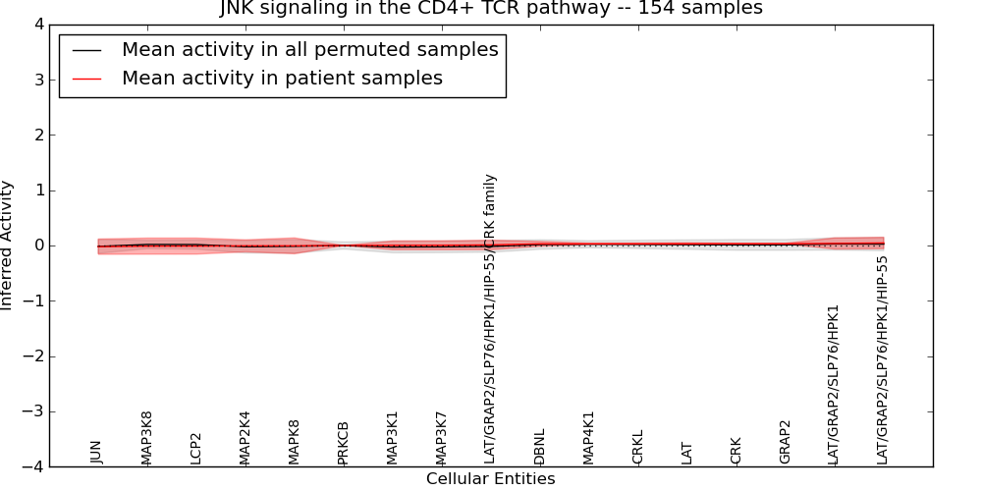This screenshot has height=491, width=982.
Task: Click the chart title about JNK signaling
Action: click(490, 9)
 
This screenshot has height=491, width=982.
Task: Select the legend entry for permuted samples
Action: click(309, 49)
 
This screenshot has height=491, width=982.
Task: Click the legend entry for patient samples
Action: click(282, 78)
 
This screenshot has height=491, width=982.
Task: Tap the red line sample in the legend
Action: click(86, 78)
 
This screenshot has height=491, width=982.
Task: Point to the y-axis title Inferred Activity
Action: click(8, 245)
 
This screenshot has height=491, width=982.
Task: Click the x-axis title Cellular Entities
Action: click(490, 479)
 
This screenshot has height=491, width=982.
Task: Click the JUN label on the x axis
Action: click(96, 451)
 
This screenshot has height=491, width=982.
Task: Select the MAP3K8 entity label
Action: click(146, 437)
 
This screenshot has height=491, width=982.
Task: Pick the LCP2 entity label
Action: click(195, 448)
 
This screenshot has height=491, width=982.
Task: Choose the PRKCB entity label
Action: click(343, 442)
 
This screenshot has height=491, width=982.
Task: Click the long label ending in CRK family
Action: click(490, 318)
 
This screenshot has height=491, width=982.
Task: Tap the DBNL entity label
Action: click(539, 446)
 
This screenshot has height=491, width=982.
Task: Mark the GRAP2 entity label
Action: click(785, 442)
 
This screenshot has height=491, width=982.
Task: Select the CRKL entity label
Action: click(637, 447)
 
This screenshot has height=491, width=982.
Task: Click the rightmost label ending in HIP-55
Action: click(883, 359)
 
